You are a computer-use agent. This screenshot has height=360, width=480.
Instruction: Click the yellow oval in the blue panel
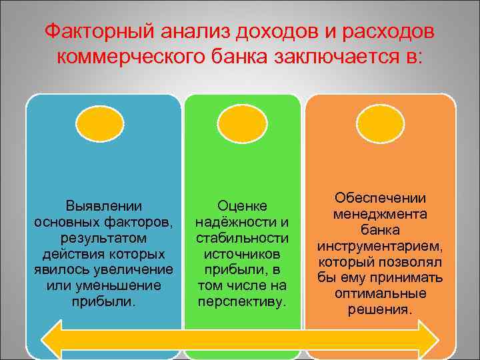click(99, 124)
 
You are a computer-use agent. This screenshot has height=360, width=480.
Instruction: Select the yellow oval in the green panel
click(243, 124)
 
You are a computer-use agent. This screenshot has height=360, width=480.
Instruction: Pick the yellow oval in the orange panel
click(380, 124)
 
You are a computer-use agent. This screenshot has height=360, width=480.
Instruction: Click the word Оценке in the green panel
click(242, 206)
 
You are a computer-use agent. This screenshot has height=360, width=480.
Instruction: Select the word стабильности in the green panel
click(242, 238)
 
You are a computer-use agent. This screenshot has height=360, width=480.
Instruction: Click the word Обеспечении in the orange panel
click(381, 198)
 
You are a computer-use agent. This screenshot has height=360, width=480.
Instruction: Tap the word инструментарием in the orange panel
click(380, 246)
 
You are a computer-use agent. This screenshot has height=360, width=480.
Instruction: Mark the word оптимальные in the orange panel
click(381, 294)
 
